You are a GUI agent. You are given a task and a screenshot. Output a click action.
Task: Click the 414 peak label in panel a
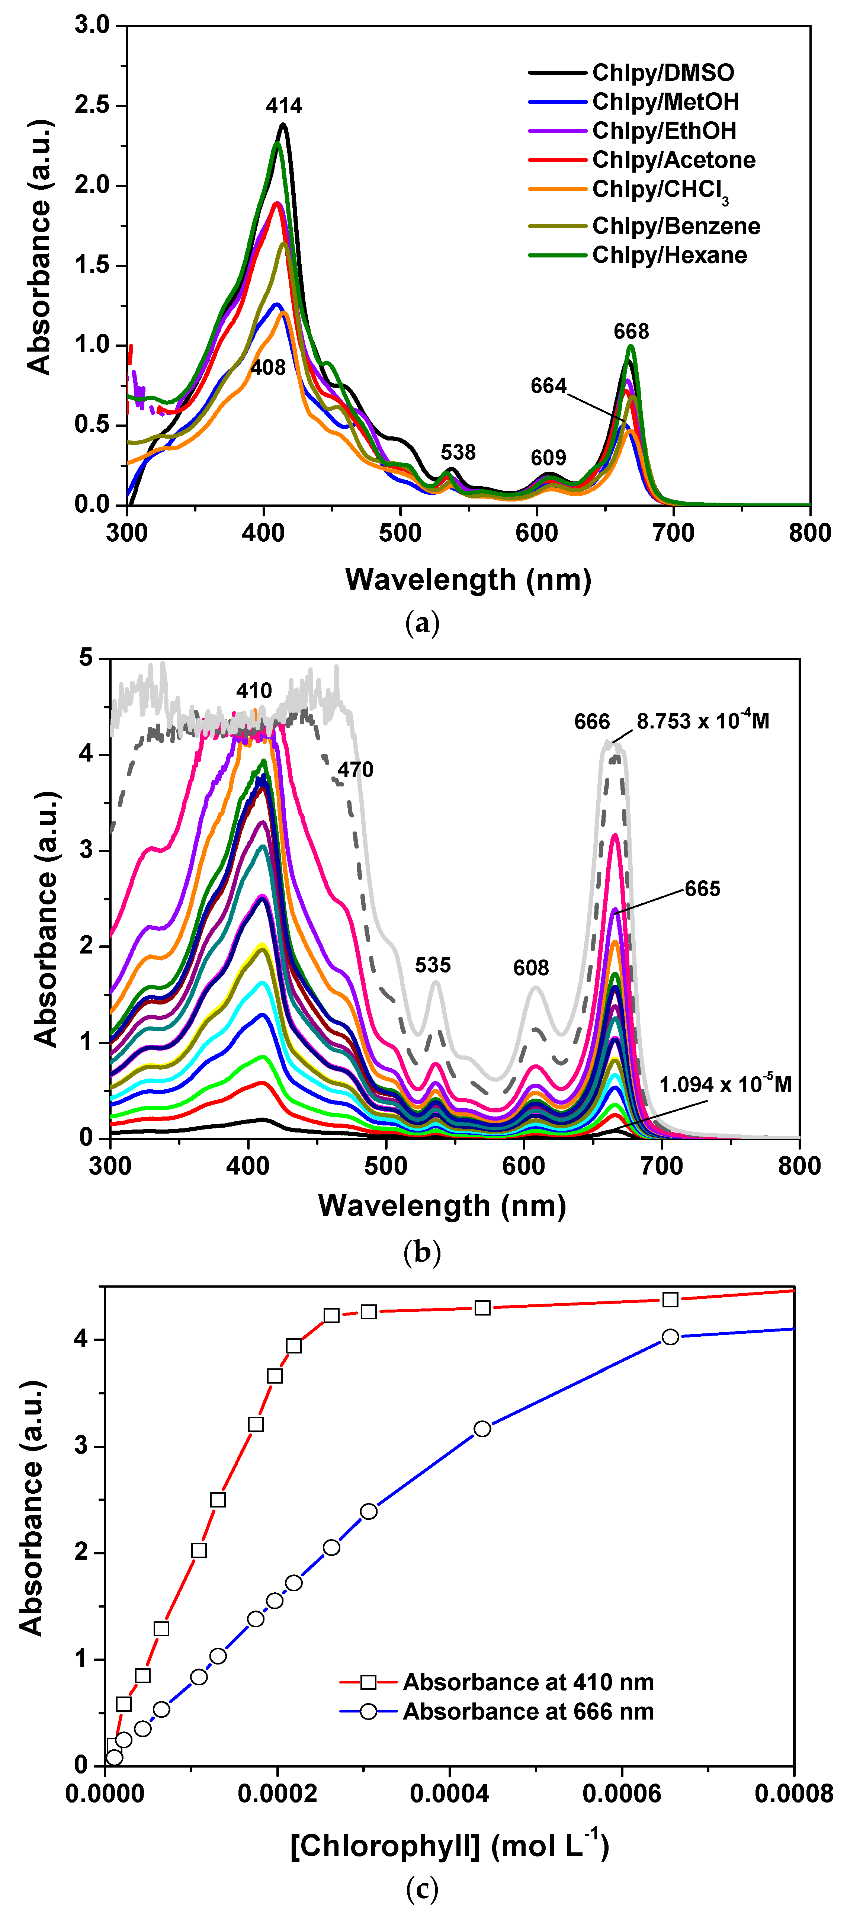(284, 106)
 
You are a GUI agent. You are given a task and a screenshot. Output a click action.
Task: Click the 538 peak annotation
(458, 452)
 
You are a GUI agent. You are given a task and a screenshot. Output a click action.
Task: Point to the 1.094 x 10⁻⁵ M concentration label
(725, 1084)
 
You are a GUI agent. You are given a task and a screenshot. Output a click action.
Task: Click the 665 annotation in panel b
(703, 889)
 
